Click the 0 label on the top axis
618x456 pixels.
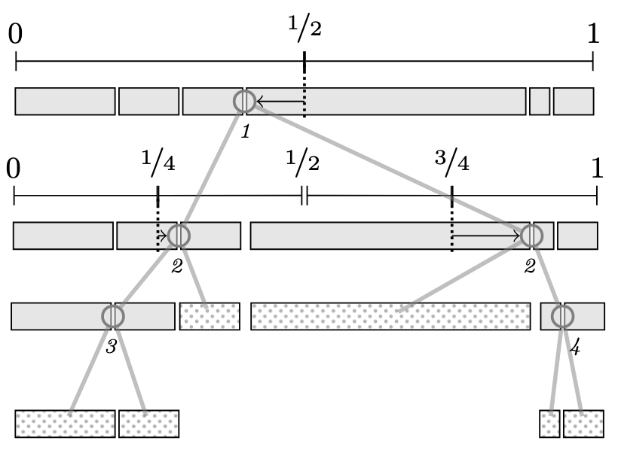(16, 35)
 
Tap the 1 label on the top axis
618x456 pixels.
(593, 34)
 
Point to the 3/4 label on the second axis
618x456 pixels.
(451, 161)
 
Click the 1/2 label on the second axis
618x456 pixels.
(304, 161)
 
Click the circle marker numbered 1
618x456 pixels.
(243, 101)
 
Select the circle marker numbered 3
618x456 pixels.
(112, 316)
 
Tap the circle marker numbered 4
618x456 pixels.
(561, 316)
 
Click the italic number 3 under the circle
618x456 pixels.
(111, 348)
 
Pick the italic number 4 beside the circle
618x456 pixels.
(575, 348)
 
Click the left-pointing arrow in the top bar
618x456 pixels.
(279, 101)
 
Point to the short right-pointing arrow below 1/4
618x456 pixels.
(161, 236)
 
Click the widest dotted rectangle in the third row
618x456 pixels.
(390, 316)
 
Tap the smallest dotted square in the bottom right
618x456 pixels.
(550, 423)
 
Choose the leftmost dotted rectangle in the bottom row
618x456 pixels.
(65, 423)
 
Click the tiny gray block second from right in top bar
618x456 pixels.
(539, 101)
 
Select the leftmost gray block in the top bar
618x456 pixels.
(65, 101)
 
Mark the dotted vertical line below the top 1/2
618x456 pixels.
(304, 94)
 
